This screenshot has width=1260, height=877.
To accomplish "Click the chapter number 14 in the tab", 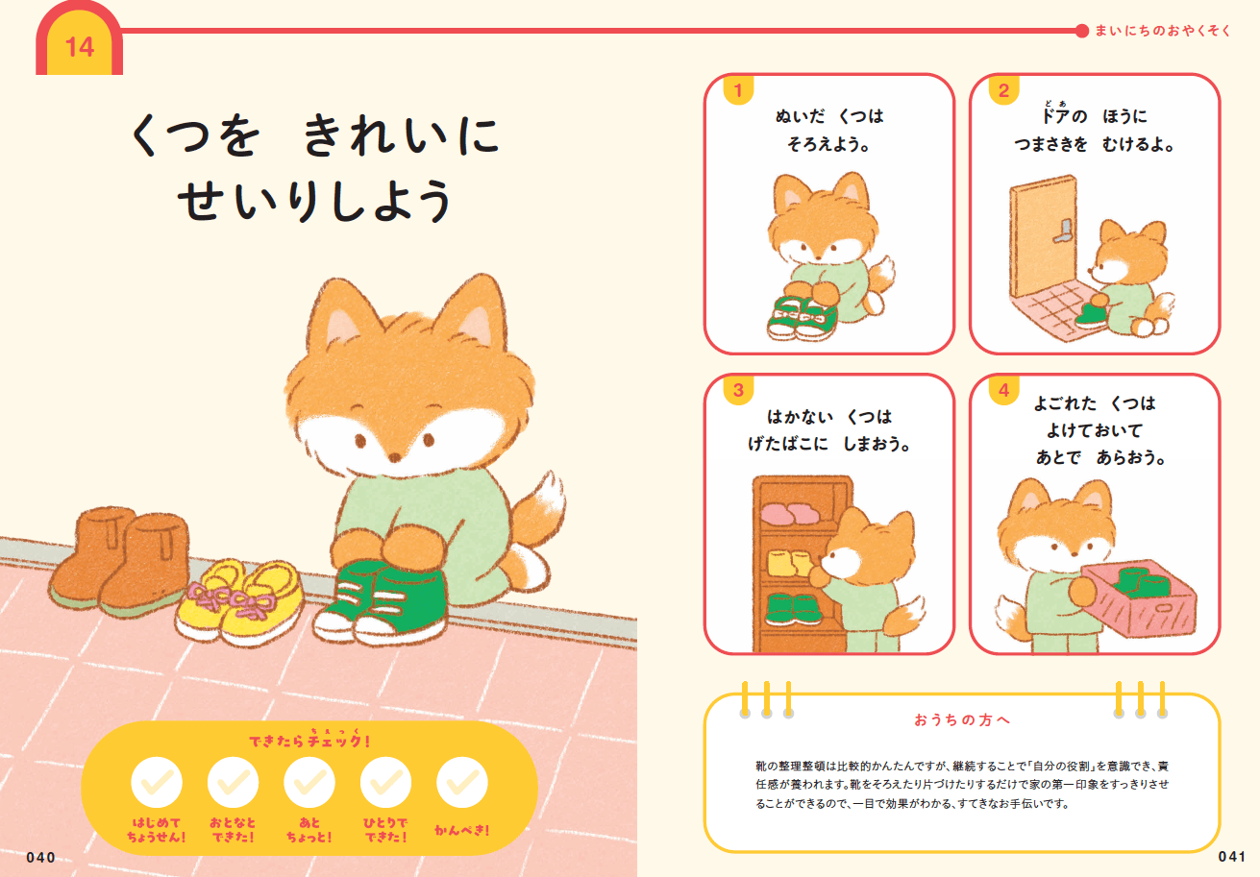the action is click(80, 47).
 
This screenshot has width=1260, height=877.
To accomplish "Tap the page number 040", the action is click(41, 858).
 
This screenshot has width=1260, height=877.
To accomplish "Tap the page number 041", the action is click(1231, 856).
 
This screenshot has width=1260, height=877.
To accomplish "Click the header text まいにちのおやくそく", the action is click(1163, 31).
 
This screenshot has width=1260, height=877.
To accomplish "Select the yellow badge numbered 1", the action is click(738, 90).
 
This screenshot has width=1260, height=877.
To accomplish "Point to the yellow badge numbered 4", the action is click(1004, 390).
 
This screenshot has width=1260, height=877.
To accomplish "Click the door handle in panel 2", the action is click(1063, 231).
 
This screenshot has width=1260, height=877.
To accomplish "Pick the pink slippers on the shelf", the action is click(786, 514).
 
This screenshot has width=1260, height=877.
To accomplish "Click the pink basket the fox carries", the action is click(1139, 598).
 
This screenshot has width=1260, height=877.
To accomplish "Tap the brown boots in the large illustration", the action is click(120, 560).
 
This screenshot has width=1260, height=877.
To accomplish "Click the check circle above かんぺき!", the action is click(462, 782).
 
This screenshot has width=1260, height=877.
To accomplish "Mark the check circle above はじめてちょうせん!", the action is click(157, 782).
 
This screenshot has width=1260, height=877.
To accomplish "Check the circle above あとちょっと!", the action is click(309, 782).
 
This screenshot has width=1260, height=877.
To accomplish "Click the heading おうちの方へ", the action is click(962, 719).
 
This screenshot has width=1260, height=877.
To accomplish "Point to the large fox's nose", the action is click(395, 457).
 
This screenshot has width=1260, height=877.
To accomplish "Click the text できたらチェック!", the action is click(309, 741).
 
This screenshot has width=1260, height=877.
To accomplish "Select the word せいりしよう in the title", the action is click(315, 201).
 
